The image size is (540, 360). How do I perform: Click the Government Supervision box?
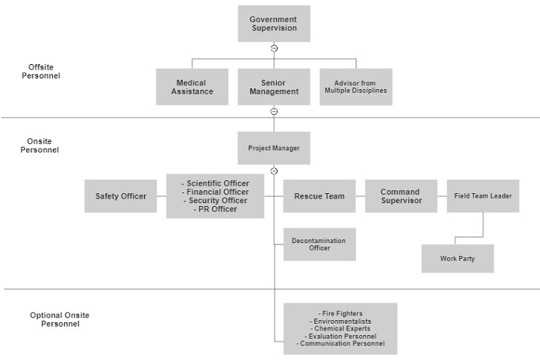(x=273, y=23)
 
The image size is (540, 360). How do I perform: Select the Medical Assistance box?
(x=192, y=87)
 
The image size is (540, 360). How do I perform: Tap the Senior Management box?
(x=274, y=87)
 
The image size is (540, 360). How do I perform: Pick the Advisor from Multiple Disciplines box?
(x=355, y=87)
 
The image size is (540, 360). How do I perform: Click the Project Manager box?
(x=274, y=149)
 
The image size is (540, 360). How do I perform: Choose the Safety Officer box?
(x=121, y=196)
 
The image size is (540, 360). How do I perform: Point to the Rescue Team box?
(x=319, y=196)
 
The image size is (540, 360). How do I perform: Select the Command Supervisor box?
(x=401, y=196)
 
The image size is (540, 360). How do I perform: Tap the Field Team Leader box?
(x=483, y=196)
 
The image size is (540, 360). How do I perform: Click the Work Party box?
(x=458, y=259)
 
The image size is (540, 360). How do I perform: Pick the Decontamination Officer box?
(x=319, y=245)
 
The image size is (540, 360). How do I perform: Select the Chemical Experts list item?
(x=340, y=328)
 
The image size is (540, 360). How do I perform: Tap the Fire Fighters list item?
(x=340, y=313)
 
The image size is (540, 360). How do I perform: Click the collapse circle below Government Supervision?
(x=274, y=48)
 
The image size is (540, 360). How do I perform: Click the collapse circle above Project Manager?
(x=274, y=112)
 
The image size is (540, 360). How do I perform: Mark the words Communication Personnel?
(x=342, y=343)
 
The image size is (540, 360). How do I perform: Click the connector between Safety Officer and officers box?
(x=161, y=196)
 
